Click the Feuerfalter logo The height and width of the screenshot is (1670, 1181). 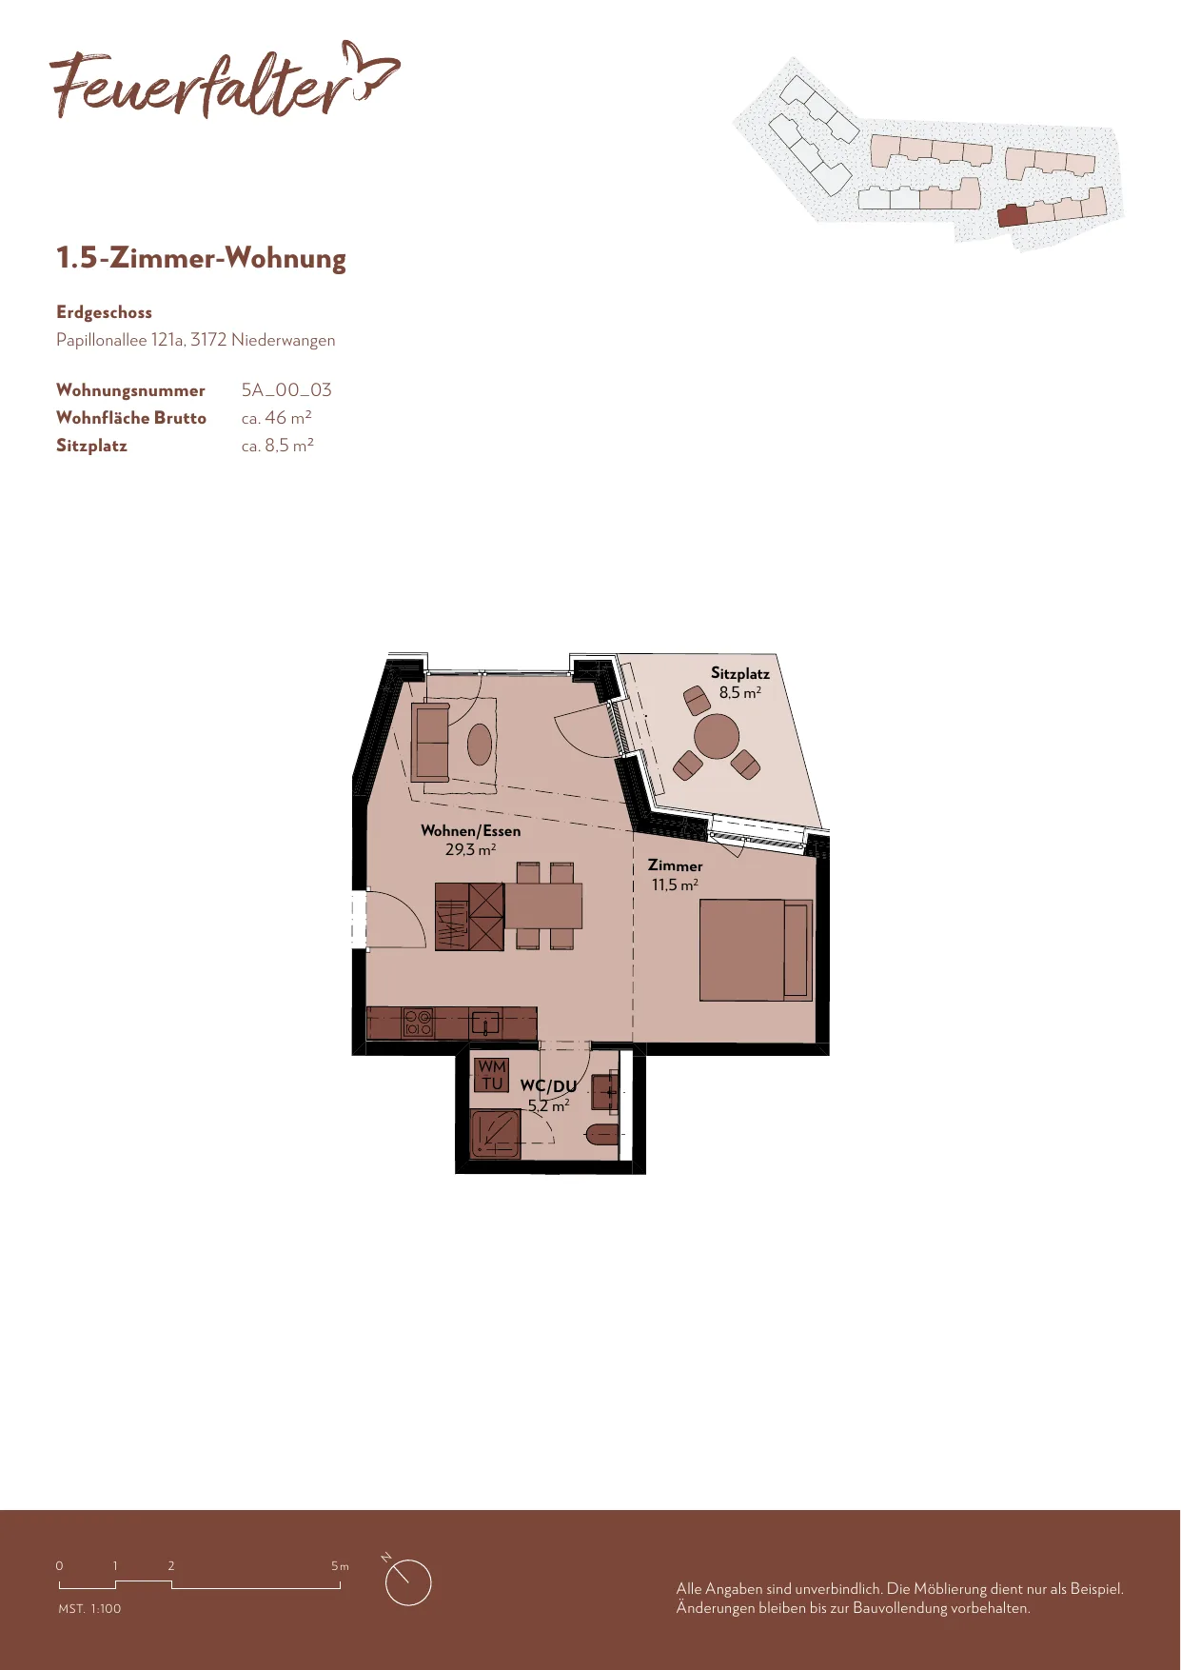click(x=225, y=80)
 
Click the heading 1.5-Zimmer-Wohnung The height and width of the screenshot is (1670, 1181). click(x=201, y=258)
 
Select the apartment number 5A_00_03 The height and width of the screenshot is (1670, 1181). click(x=286, y=390)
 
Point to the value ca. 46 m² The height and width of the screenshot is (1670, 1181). click(x=277, y=418)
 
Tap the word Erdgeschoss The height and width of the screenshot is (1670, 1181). click(x=104, y=312)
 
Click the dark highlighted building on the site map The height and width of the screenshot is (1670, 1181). click(x=1012, y=215)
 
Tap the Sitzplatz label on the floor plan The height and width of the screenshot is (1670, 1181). click(x=740, y=673)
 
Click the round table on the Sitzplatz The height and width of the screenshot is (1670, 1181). click(x=717, y=736)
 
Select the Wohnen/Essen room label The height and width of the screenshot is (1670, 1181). click(x=471, y=830)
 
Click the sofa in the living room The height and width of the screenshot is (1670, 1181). click(x=430, y=742)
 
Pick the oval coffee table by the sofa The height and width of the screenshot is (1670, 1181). click(x=480, y=745)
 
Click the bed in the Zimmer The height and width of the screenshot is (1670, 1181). click(x=756, y=950)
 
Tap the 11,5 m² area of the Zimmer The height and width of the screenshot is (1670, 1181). click(x=675, y=885)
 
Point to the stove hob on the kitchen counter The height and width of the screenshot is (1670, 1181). click(x=418, y=1023)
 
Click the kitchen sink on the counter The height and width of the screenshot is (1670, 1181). click(x=485, y=1024)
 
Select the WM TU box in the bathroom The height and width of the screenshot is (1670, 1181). click(x=492, y=1075)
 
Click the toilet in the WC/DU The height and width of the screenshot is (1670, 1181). click(x=601, y=1134)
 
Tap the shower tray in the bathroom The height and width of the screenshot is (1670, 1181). click(x=496, y=1133)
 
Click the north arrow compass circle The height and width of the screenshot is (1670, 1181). click(x=408, y=1582)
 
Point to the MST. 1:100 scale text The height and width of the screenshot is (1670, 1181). click(x=89, y=1608)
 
